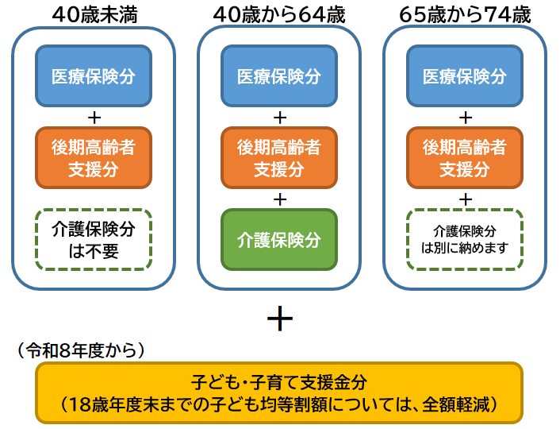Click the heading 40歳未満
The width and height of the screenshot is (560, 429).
(93, 14)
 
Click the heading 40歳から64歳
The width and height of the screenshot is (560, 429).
(278, 14)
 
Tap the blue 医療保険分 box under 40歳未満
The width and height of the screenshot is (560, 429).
(93, 76)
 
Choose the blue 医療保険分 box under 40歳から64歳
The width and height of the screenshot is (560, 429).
(278, 76)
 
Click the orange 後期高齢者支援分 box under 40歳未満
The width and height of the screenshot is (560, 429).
(93, 158)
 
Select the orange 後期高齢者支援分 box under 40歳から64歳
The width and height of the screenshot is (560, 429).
(278, 158)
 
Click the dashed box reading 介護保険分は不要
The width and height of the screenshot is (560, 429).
(93, 239)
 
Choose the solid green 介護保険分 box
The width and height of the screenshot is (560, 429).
(278, 239)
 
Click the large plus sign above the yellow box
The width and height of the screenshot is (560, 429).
(279, 319)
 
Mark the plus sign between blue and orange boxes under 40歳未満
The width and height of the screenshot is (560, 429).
(93, 117)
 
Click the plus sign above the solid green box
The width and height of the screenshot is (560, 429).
(278, 198)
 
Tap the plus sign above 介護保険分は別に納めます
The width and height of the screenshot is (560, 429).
(466, 198)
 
